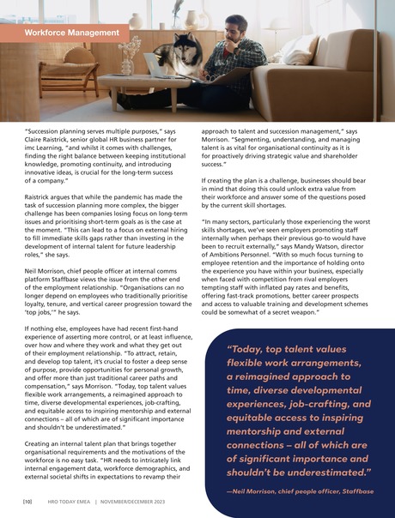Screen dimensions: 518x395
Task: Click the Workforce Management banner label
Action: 70,33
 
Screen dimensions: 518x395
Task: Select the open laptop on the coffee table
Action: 158,67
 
